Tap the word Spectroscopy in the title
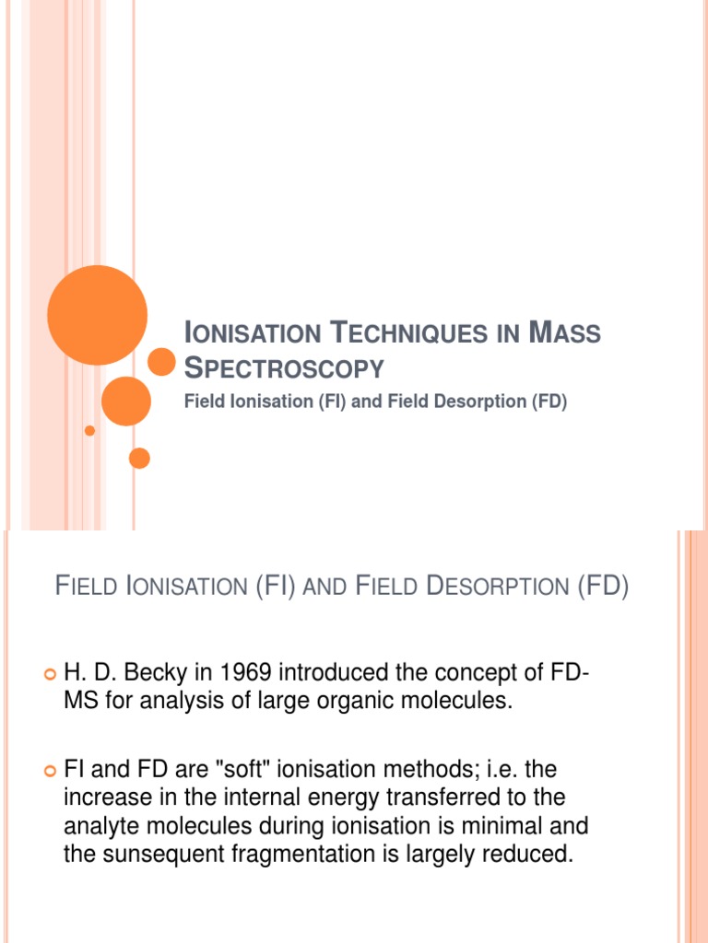coord(284,368)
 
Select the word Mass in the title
coord(565,333)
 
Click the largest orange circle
coord(97,315)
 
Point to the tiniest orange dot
coord(89,431)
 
